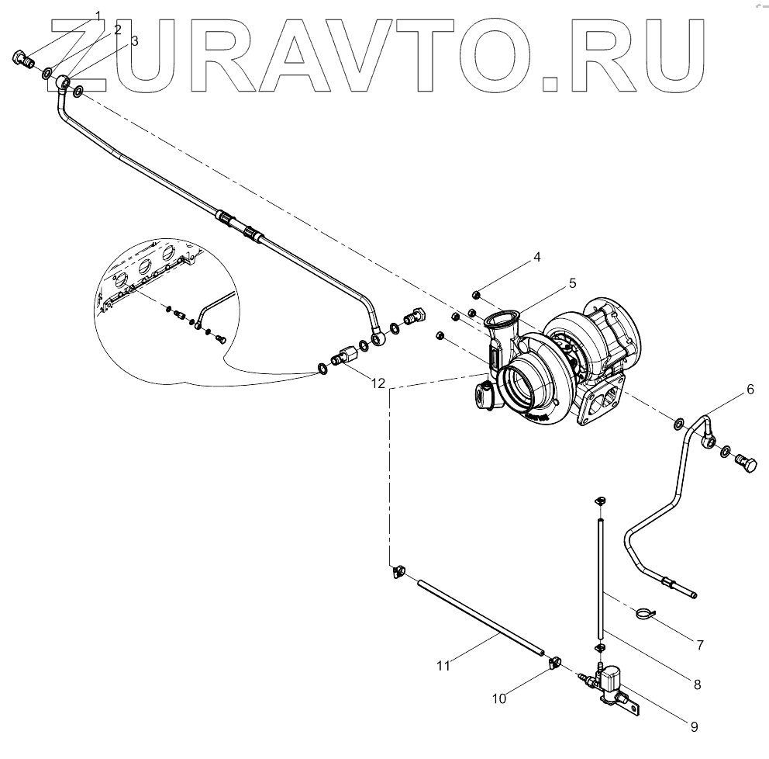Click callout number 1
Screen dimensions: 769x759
click(x=98, y=16)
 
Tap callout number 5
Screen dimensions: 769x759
click(x=573, y=283)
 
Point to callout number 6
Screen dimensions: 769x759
click(x=750, y=390)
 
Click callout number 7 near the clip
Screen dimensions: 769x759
click(x=699, y=645)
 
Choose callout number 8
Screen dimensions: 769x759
click(x=697, y=684)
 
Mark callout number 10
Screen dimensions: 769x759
click(x=499, y=698)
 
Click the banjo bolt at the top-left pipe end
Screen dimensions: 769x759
click(x=23, y=57)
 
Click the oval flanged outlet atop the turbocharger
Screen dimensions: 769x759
click(x=500, y=317)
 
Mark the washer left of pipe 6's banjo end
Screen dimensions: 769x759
click(x=679, y=424)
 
